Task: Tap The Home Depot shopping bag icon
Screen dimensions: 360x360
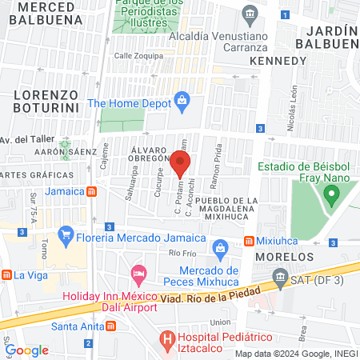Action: coord(182,102)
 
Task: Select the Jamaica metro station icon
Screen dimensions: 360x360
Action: coord(93,191)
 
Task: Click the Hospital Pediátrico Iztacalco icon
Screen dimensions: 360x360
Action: coord(167,338)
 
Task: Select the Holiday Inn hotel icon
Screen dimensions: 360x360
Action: coord(139,273)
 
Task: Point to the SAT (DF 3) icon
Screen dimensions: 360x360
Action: coord(279,277)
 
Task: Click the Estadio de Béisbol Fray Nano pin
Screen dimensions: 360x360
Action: coord(330,194)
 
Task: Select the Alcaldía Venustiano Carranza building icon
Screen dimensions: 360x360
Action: coord(250,14)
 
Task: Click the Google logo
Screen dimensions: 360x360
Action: coord(27,350)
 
